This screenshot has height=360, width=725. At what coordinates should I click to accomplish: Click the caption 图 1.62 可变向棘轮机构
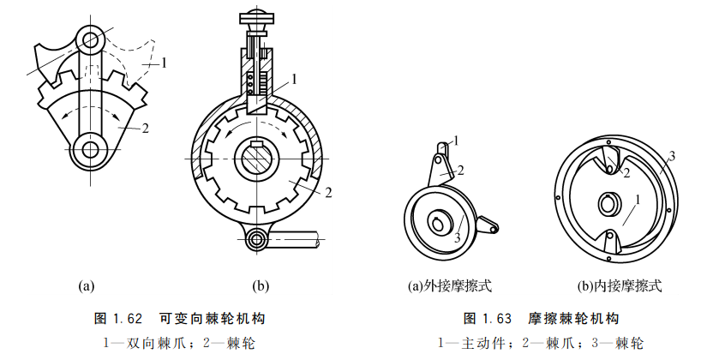click(x=178, y=318)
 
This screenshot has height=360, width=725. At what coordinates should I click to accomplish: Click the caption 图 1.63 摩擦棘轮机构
click(x=541, y=318)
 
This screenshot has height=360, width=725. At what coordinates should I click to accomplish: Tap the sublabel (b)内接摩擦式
click(x=620, y=285)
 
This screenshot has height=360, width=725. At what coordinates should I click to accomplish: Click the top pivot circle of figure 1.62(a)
click(x=91, y=38)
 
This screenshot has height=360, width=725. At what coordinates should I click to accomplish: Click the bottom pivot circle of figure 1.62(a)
click(x=90, y=148)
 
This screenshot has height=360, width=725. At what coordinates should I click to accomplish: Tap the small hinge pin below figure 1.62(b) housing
click(x=255, y=238)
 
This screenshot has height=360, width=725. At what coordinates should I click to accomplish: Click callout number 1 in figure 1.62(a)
click(x=164, y=62)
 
